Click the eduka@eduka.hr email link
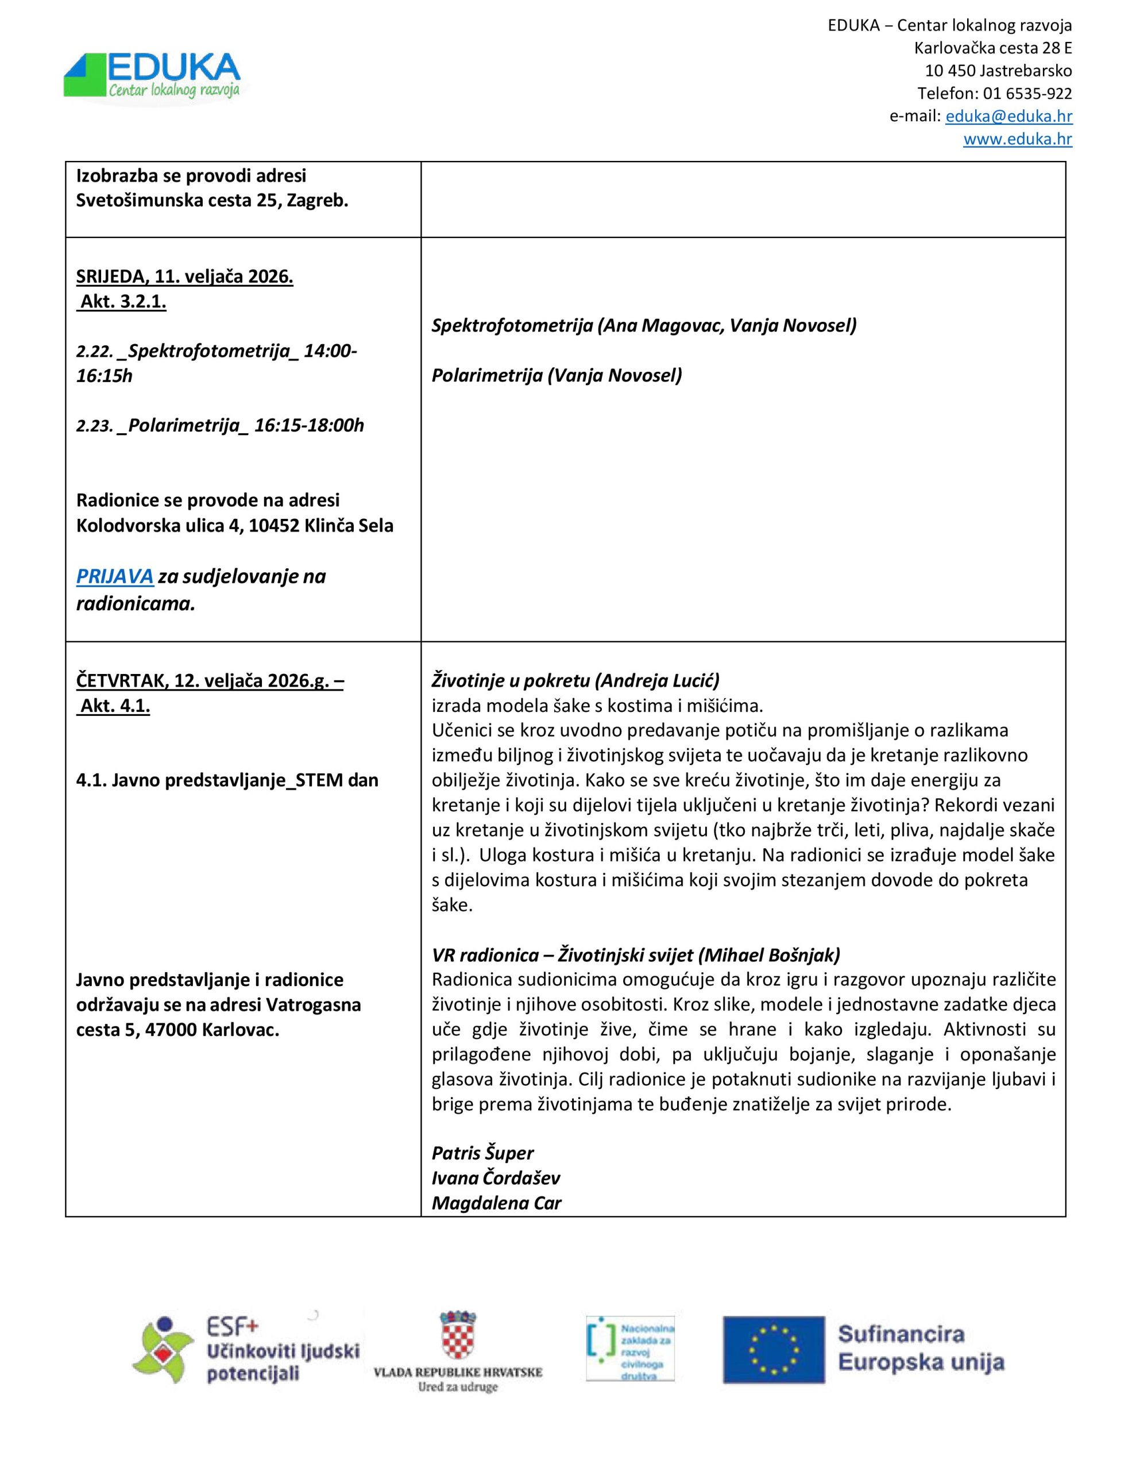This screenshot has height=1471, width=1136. [1008, 116]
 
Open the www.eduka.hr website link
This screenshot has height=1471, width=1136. [1017, 140]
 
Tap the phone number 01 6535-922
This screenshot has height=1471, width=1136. [1027, 93]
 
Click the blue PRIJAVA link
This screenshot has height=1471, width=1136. [114, 576]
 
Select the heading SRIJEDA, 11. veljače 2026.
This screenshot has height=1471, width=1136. [184, 277]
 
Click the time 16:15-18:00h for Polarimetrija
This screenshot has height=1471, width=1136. [309, 426]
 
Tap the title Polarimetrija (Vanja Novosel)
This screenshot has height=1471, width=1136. [556, 375]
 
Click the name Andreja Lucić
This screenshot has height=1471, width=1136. [656, 680]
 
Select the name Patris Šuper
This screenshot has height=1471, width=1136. [482, 1153]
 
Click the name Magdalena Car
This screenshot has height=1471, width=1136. [496, 1203]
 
